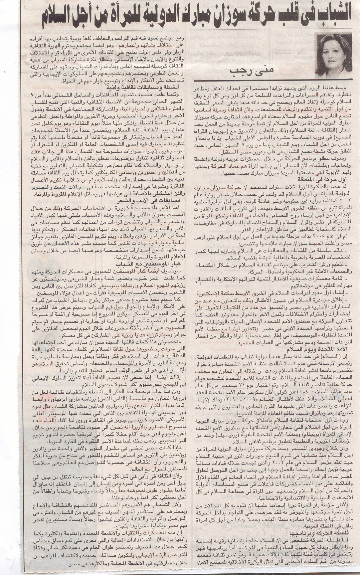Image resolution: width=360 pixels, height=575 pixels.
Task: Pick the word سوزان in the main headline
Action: click(216, 15)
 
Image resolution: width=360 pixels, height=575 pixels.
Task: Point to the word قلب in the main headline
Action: click(282, 15)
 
